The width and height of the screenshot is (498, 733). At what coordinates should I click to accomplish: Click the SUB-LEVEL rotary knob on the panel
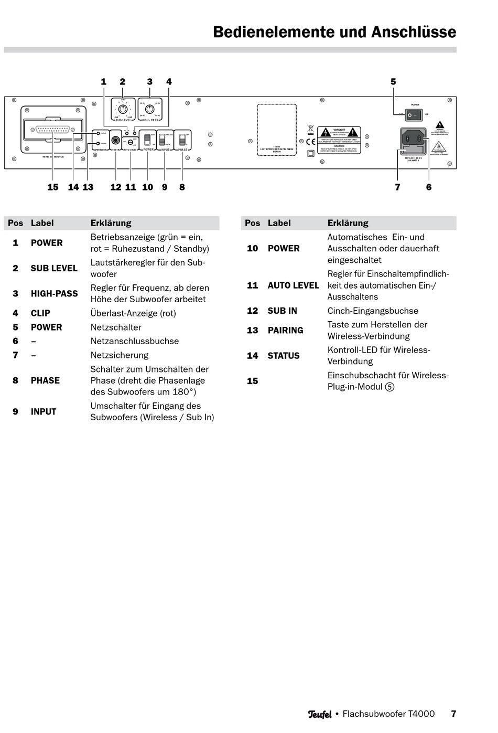point(123,109)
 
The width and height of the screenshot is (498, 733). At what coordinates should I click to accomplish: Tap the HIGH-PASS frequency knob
point(150,109)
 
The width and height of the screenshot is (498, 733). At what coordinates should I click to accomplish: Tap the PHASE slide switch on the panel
point(182,140)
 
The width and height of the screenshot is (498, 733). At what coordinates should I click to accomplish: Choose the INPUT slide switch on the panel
point(163,140)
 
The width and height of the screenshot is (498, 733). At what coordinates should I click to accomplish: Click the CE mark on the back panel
point(311,141)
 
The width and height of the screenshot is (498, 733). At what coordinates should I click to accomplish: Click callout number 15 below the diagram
point(53,187)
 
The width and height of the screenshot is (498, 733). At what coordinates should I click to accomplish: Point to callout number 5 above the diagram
point(393,82)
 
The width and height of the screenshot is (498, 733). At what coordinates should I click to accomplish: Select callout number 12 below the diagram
point(116,187)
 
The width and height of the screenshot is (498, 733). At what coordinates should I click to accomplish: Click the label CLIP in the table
point(40,313)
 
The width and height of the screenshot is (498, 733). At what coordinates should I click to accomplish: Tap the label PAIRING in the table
point(285,331)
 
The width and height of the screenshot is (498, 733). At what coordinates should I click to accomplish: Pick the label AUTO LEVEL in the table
point(293,285)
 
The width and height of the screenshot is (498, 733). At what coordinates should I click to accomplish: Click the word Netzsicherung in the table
point(119,355)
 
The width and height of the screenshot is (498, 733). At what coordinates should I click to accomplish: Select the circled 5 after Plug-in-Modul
point(389,387)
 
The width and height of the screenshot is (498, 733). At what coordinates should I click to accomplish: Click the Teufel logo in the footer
point(320,714)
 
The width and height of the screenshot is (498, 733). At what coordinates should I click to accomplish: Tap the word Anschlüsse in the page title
point(414,32)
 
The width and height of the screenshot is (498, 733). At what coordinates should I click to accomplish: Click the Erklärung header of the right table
point(348,223)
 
